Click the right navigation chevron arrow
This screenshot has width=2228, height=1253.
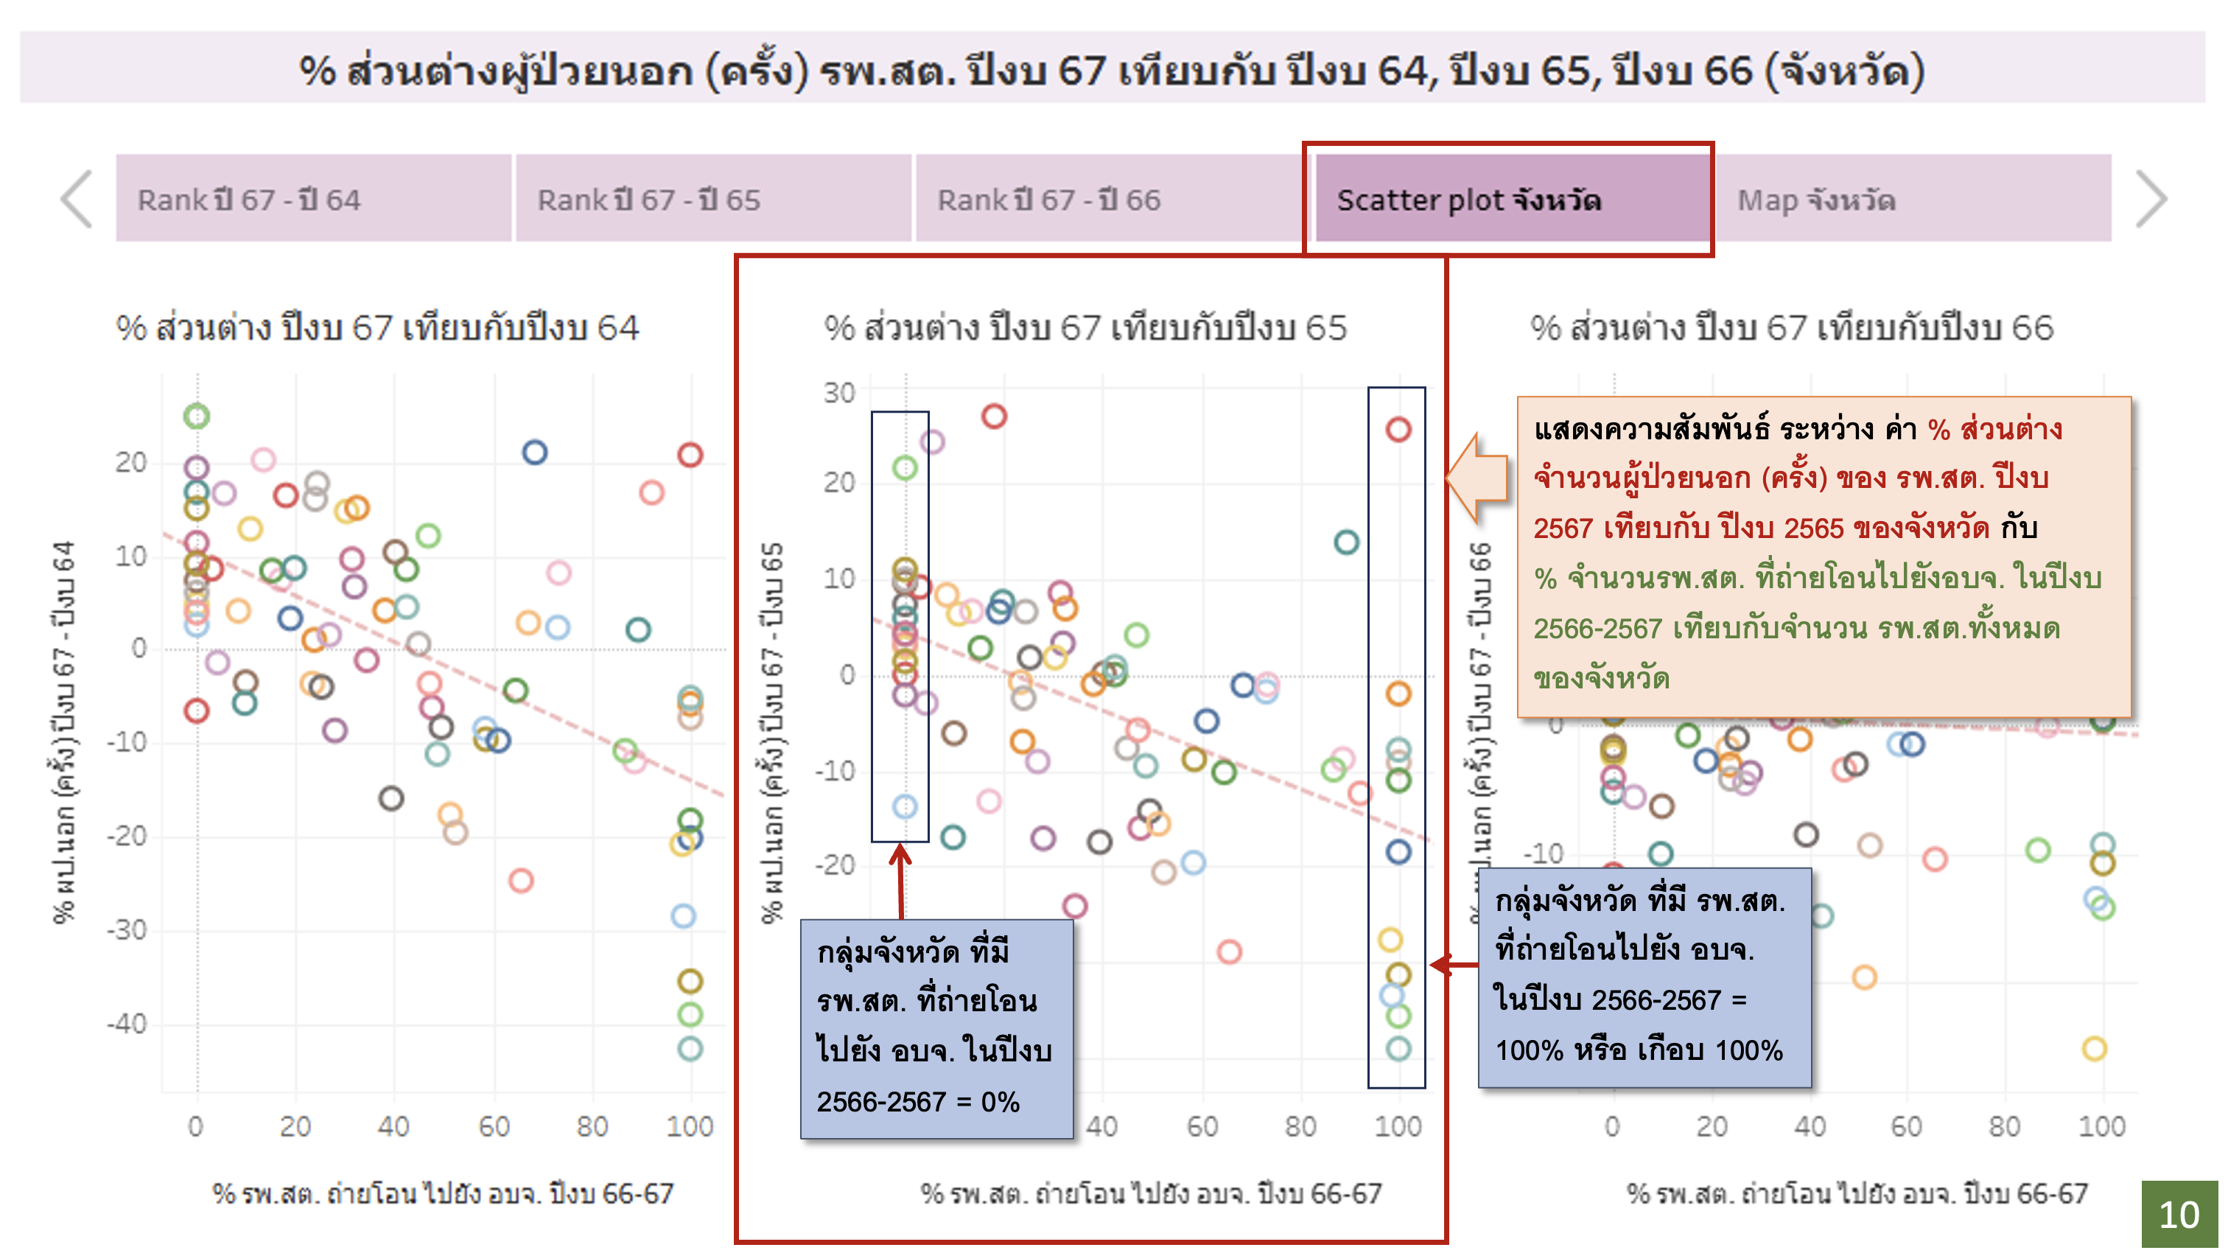click(2151, 199)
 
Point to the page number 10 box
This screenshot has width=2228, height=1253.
click(2179, 1215)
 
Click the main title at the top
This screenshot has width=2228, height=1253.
click(1113, 69)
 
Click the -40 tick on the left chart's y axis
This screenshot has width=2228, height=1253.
click(126, 1025)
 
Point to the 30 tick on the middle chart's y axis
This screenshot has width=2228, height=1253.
click(838, 393)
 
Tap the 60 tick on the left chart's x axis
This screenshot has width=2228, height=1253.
click(494, 1127)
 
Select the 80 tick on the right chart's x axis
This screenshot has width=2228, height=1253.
click(2004, 1127)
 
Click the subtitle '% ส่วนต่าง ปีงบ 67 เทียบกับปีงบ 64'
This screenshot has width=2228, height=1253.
click(377, 328)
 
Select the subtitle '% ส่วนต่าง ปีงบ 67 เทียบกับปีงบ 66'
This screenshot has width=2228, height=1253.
click(1791, 328)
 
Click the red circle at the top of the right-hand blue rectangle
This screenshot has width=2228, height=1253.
click(1398, 429)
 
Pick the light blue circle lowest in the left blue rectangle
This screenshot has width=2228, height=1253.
click(905, 806)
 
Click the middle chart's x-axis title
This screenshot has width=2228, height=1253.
click(1150, 1194)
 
